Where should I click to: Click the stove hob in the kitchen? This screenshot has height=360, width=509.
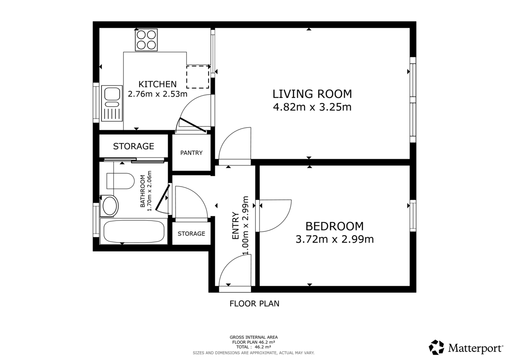pos(146,40)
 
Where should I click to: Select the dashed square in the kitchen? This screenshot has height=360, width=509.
pos(198,77)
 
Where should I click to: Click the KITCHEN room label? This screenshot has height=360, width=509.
pos(157,84)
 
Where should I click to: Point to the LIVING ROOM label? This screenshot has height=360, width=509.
pos(312,94)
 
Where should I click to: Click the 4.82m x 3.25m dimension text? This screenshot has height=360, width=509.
pos(312,107)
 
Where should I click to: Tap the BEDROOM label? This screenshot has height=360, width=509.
pos(334,226)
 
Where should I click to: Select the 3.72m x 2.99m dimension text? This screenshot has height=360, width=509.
pos(334,240)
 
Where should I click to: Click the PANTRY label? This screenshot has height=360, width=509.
pos(191,153)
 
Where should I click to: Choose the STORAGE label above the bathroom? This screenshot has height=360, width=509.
pos(133,146)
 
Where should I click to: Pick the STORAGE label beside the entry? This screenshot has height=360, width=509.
pos(191,234)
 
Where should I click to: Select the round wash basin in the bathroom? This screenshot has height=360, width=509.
pos(110,206)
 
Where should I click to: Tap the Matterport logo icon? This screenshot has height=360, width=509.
pos(436,347)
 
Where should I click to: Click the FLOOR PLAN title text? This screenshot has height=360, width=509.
pos(254,304)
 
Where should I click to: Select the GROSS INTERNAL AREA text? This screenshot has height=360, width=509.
pos(253,338)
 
